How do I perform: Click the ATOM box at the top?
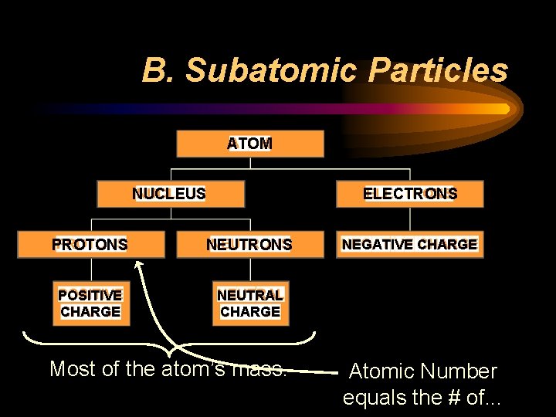249,144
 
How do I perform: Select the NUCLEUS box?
170,194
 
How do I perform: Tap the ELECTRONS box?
409,194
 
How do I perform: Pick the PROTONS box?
90,245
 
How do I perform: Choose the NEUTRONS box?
249,245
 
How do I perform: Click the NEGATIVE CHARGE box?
409,245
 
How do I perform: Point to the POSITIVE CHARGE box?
90,303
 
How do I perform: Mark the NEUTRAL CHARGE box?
249,303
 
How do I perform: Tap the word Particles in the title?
438,70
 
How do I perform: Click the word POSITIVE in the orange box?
90,295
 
